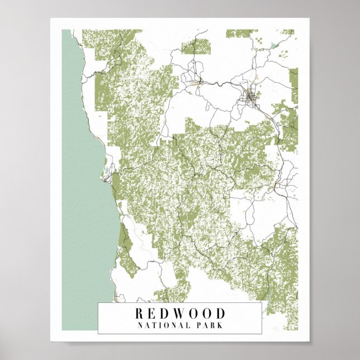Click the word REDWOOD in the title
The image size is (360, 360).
click(179, 314)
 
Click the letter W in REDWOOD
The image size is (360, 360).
click(179, 314)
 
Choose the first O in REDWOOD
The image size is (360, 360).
click(193, 314)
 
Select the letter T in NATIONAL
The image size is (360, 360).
click(153, 324)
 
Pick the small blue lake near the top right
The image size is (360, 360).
click(273, 45)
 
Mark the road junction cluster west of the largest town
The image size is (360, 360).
click(195, 83)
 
